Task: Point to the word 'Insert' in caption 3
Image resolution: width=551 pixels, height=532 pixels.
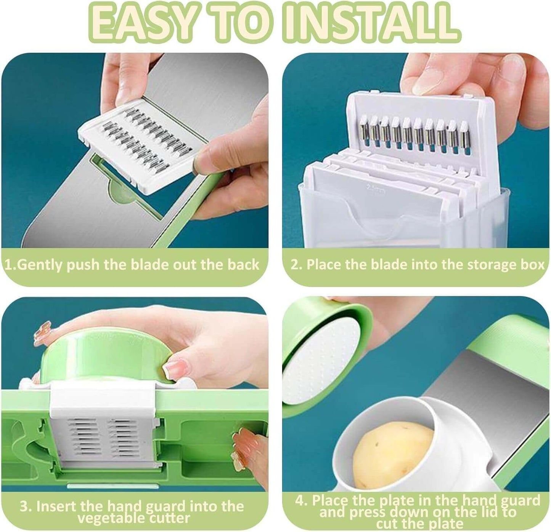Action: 57,506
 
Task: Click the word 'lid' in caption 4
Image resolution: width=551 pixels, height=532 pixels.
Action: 488,512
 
